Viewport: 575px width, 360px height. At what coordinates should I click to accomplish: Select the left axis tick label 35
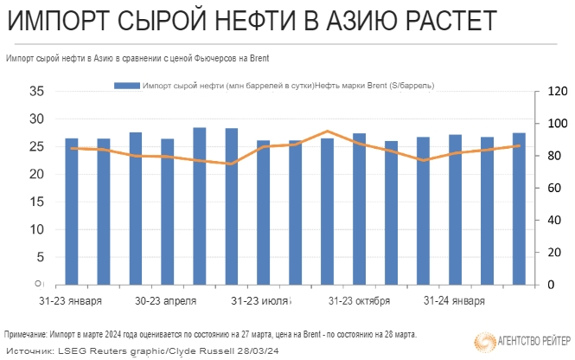click(x=36, y=91)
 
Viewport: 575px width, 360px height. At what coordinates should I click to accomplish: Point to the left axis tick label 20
click(x=36, y=174)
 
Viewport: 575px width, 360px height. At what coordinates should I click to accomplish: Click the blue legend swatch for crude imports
click(x=125, y=86)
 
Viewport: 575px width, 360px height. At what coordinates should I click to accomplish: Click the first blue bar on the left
click(x=72, y=212)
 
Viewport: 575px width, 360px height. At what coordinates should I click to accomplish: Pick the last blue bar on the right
click(x=519, y=209)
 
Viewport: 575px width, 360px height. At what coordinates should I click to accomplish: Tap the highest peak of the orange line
click(x=327, y=132)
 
